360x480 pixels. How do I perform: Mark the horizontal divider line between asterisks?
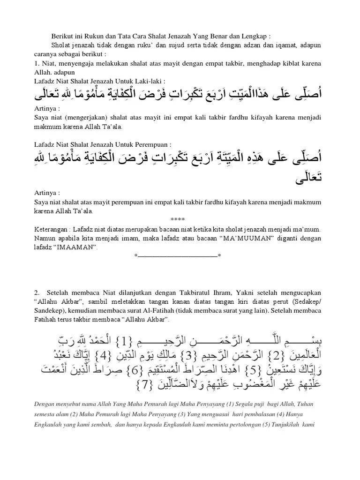178,255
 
